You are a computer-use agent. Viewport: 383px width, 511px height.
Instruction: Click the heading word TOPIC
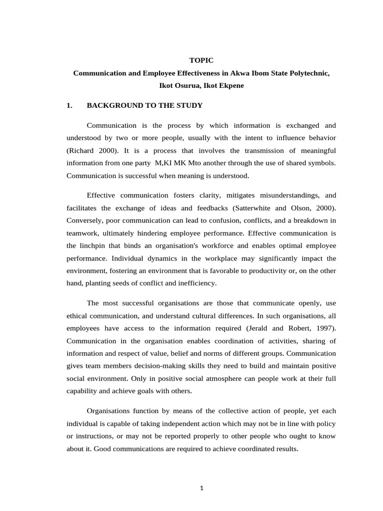[201, 60]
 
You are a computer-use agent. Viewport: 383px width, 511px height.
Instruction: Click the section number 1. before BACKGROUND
[70, 106]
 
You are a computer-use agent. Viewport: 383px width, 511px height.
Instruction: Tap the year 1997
[325, 328]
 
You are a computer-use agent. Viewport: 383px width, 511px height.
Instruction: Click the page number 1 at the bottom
[201, 488]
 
